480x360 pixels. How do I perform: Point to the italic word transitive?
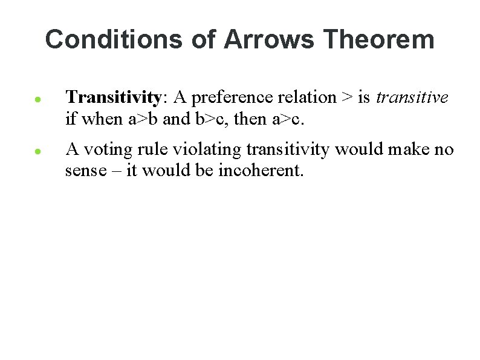click(x=412, y=97)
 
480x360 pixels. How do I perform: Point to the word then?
click(x=250, y=119)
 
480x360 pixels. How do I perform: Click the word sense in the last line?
click(x=83, y=171)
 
